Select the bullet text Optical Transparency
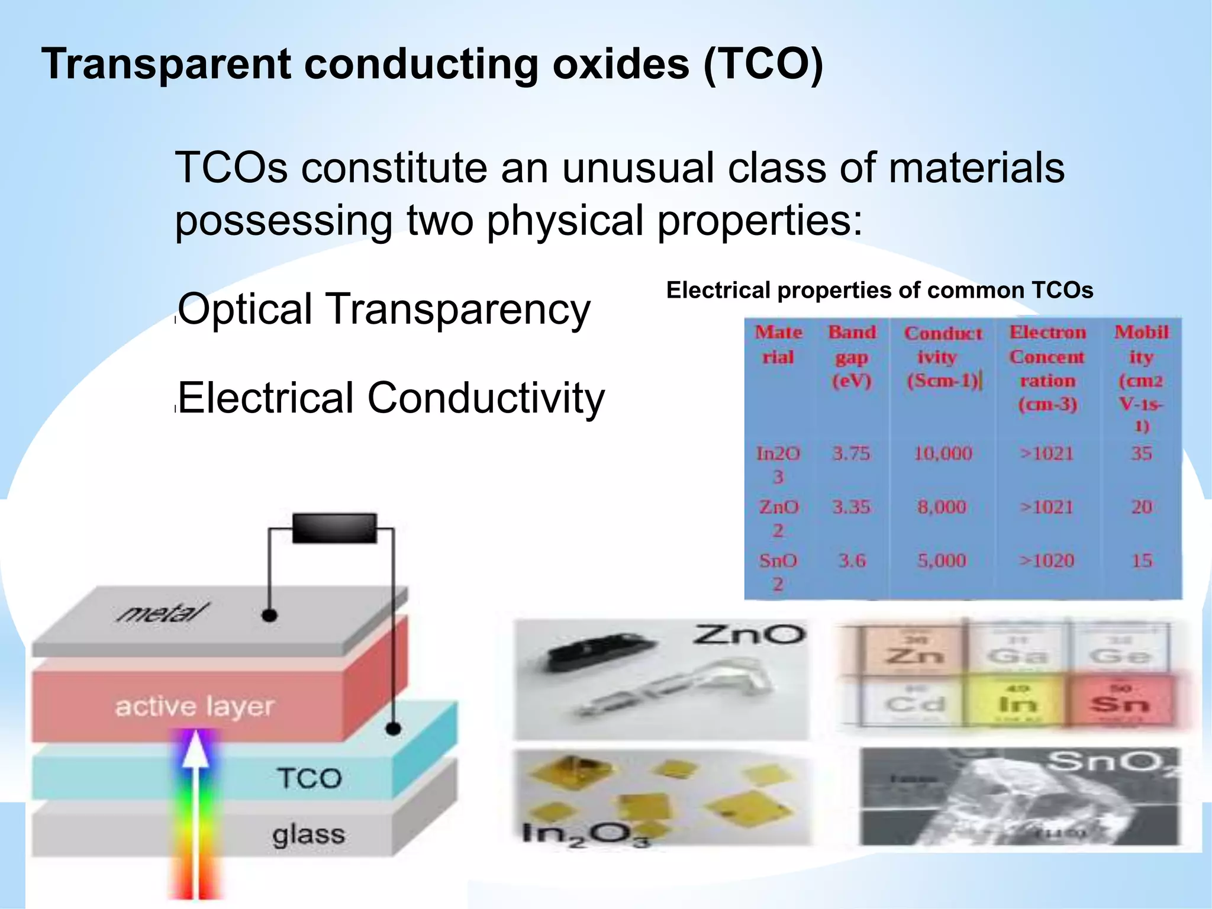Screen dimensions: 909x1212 (385, 309)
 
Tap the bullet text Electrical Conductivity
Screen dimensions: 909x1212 (391, 398)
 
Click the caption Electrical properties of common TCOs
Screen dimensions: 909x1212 (879, 291)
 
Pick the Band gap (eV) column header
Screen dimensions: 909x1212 (852, 356)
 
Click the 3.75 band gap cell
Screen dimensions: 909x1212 (851, 454)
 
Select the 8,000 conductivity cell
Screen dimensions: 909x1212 (942, 507)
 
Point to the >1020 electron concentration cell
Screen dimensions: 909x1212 (1046, 560)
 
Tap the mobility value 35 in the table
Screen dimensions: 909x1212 (1141, 454)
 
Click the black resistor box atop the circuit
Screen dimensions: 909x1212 (334, 528)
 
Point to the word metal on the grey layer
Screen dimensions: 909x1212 (163, 613)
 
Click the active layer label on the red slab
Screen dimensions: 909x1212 (195, 707)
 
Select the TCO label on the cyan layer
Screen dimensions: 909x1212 (310, 778)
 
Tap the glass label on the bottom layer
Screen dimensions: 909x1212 (308, 835)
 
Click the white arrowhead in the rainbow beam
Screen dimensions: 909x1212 (196, 749)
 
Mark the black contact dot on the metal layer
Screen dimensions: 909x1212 (269, 615)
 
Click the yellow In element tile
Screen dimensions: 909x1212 (1017, 702)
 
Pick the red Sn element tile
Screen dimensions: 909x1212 (1120, 702)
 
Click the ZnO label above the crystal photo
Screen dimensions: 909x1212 (749, 635)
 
